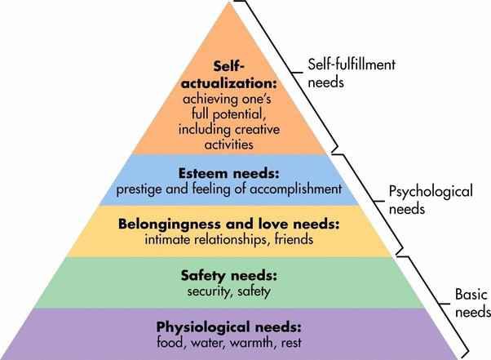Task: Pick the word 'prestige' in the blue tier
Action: [143, 189]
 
